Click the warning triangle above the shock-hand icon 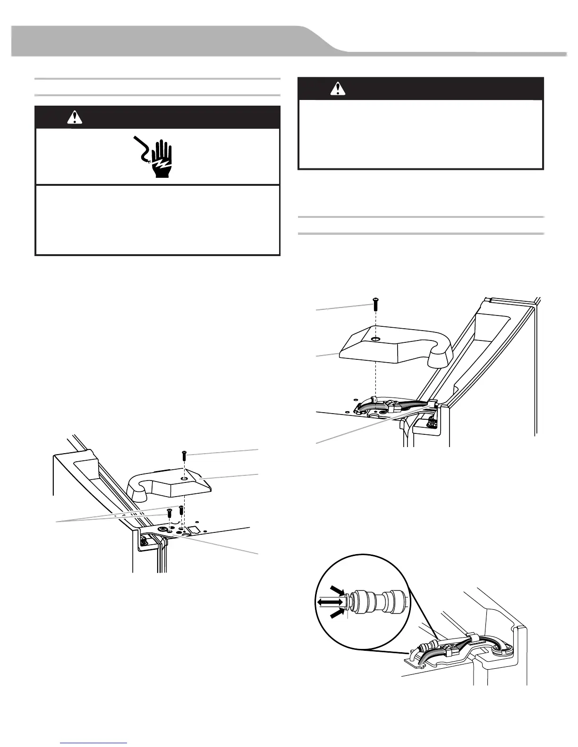pos(75,118)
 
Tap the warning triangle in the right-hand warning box pos(337,88)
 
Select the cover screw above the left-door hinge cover pos(184,456)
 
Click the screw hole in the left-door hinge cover pos(184,478)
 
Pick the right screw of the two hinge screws pos(181,510)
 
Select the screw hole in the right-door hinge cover pos(375,339)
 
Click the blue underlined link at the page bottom pos(94,743)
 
